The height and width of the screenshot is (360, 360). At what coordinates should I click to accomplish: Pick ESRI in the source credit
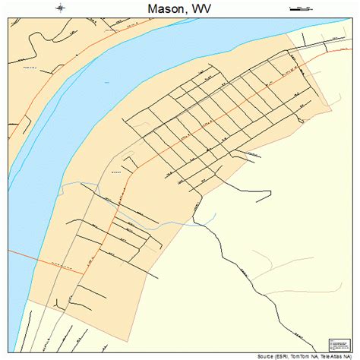(x=292, y=355)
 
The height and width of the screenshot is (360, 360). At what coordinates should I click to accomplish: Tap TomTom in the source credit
(x=309, y=355)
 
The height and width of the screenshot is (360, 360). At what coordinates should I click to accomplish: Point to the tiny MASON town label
(x=116, y=172)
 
